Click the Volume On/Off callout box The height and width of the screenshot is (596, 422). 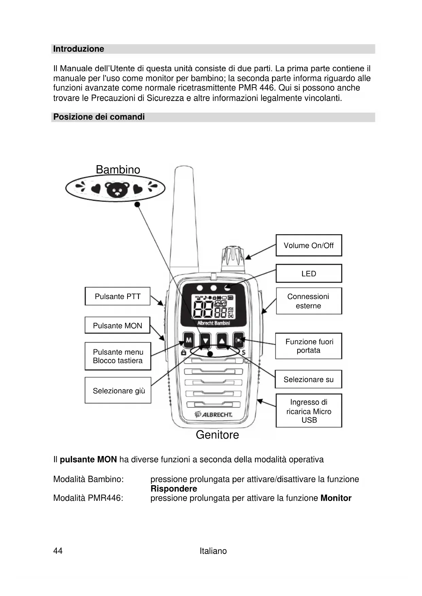click(308, 245)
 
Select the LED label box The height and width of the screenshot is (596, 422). click(308, 274)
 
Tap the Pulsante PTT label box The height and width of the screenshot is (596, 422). click(117, 296)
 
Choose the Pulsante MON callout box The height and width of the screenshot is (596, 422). click(117, 326)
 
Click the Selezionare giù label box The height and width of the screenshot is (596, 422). click(118, 390)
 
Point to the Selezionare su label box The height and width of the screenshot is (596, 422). click(308, 379)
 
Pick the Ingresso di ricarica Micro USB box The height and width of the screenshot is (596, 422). click(308, 411)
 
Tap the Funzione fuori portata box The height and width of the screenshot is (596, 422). click(308, 346)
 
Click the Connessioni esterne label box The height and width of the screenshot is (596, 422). click(308, 301)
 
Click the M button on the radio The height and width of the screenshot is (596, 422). click(189, 340)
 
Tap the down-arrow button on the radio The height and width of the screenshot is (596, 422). click(205, 340)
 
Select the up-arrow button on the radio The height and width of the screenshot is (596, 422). click(222, 340)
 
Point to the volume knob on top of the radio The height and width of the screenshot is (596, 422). click(233, 258)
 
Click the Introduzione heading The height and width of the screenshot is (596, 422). click(79, 49)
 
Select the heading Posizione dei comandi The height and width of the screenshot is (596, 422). click(99, 117)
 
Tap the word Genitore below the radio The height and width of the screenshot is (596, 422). click(217, 435)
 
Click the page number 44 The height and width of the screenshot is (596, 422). click(58, 551)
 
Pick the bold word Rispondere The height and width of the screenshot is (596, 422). click(174, 489)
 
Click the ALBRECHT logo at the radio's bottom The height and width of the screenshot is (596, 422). click(214, 415)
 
